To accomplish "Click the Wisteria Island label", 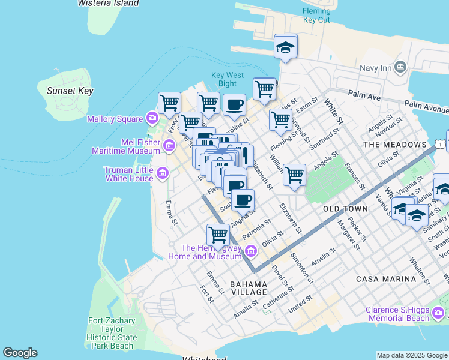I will click(x=108, y=3).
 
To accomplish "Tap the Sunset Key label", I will click(x=70, y=91).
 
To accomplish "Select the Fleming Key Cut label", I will click(x=316, y=16).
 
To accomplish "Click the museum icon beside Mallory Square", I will click(x=153, y=118).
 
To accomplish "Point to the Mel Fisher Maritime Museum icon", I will click(x=169, y=145).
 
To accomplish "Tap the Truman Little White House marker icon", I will click(x=162, y=175).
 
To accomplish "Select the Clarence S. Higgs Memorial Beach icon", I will click(x=439, y=313).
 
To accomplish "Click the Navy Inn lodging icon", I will click(x=401, y=67).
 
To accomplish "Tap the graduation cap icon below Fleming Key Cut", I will click(x=286, y=47).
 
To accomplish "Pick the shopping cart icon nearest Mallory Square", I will click(x=170, y=103).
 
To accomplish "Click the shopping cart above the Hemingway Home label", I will click(x=218, y=235).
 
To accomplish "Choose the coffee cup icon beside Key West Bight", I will click(x=234, y=104).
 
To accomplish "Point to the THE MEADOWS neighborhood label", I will click(x=394, y=145).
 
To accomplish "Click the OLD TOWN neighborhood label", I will click(x=345, y=208).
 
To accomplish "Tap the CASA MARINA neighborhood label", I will click(x=385, y=279).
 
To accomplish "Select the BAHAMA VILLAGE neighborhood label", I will click(x=249, y=288).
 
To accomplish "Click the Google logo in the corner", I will click(x=20, y=353).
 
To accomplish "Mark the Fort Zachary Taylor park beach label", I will click(x=112, y=333).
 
